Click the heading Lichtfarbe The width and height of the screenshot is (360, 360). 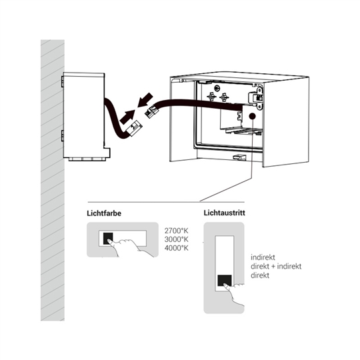(x=104, y=213)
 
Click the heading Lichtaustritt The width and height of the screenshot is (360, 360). (x=224, y=213)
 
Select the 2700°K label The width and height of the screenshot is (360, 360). (x=176, y=231)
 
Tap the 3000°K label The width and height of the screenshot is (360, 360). (x=176, y=239)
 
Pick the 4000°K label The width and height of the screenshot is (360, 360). (x=176, y=248)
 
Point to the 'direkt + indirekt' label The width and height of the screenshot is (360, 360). (x=276, y=266)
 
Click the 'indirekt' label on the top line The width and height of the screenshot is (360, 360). (x=263, y=257)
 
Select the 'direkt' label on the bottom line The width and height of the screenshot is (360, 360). (x=260, y=275)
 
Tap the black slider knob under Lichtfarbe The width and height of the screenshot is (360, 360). (x=108, y=239)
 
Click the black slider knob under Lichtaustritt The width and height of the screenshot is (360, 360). (x=225, y=281)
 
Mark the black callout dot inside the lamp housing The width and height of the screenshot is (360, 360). (x=252, y=116)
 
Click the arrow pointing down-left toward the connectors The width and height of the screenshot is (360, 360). (x=145, y=99)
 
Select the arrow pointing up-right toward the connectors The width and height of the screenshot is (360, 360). (x=127, y=117)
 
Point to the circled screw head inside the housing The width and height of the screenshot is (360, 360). (x=217, y=88)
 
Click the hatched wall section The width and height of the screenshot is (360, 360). (x=53, y=180)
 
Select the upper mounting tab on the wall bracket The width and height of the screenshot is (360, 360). (x=62, y=82)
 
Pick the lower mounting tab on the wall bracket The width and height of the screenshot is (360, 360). (x=62, y=135)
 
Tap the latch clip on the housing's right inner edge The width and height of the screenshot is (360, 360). (x=257, y=97)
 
